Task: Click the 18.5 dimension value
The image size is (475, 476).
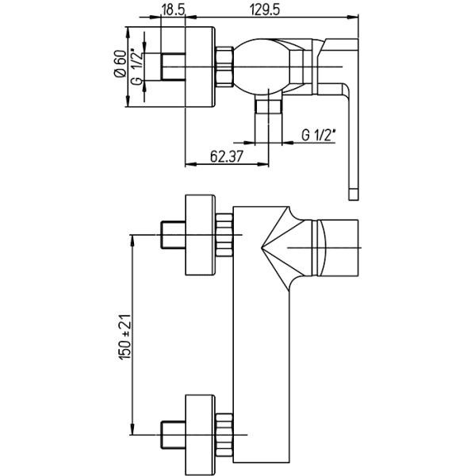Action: (x=174, y=10)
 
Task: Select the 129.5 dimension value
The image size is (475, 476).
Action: (x=264, y=10)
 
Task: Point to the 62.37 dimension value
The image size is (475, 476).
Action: (x=227, y=156)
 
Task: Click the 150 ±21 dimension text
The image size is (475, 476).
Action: (x=125, y=337)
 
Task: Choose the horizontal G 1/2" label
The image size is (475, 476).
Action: (x=319, y=135)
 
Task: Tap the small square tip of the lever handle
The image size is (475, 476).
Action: (x=354, y=194)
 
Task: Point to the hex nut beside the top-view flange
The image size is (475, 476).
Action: (x=224, y=67)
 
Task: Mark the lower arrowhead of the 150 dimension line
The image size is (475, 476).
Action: (x=132, y=429)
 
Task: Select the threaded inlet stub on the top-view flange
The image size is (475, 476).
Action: (x=173, y=67)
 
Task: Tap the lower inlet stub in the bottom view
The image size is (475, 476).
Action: (x=173, y=435)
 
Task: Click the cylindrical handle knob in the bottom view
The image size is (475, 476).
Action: (x=335, y=248)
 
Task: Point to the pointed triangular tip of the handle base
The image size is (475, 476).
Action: (x=262, y=248)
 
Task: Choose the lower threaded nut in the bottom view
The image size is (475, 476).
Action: (x=224, y=435)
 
